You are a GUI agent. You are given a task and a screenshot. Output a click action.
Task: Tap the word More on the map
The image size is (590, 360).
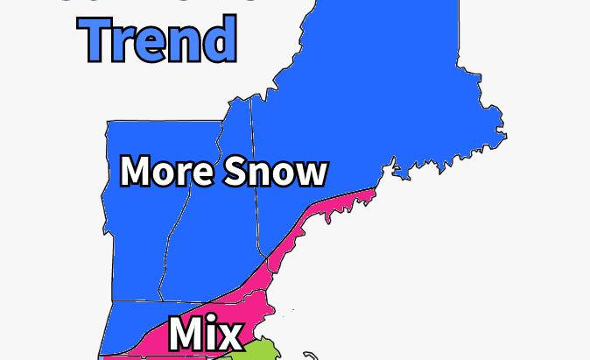(166, 171)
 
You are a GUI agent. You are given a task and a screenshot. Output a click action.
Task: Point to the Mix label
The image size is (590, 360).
(205, 335)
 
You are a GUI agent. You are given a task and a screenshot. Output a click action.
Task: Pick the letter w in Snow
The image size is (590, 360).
(311, 173)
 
